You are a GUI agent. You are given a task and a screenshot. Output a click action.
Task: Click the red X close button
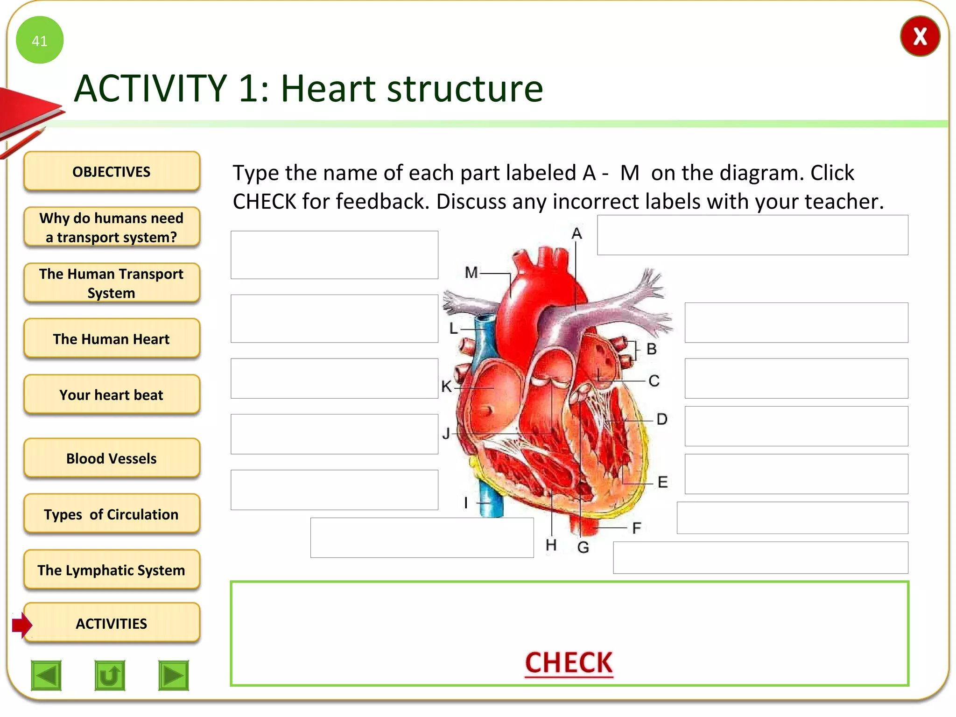pyautogui.click(x=920, y=36)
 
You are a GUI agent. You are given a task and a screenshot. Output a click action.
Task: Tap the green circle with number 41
pyautogui.click(x=40, y=40)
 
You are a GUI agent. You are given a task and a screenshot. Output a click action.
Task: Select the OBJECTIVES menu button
pyautogui.click(x=112, y=171)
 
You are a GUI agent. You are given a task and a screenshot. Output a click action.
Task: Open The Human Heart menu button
pyautogui.click(x=112, y=338)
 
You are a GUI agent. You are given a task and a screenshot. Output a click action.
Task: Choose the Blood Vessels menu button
pyautogui.click(x=112, y=458)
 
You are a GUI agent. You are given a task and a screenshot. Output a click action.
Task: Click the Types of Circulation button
pyautogui.click(x=112, y=514)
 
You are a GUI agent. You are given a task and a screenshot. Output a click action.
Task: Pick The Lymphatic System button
pyautogui.click(x=112, y=570)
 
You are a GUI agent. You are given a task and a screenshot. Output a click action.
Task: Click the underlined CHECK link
pyautogui.click(x=569, y=662)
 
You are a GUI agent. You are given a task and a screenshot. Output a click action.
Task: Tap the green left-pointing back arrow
pyautogui.click(x=46, y=675)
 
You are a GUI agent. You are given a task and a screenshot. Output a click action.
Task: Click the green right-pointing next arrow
pyautogui.click(x=174, y=675)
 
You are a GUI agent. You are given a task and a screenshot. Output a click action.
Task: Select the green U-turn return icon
pyautogui.click(x=110, y=675)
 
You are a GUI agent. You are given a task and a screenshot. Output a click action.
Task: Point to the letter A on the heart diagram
pyautogui.click(x=577, y=233)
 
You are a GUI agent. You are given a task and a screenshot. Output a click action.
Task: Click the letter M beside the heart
pyautogui.click(x=471, y=272)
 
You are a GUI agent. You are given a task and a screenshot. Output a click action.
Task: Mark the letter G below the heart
pyautogui.click(x=583, y=547)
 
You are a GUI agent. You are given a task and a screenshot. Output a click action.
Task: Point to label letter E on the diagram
pyautogui.click(x=662, y=482)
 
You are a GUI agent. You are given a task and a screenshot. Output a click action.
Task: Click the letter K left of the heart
pyautogui.click(x=446, y=387)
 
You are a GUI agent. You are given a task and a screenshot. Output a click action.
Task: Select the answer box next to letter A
pyautogui.click(x=752, y=235)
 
